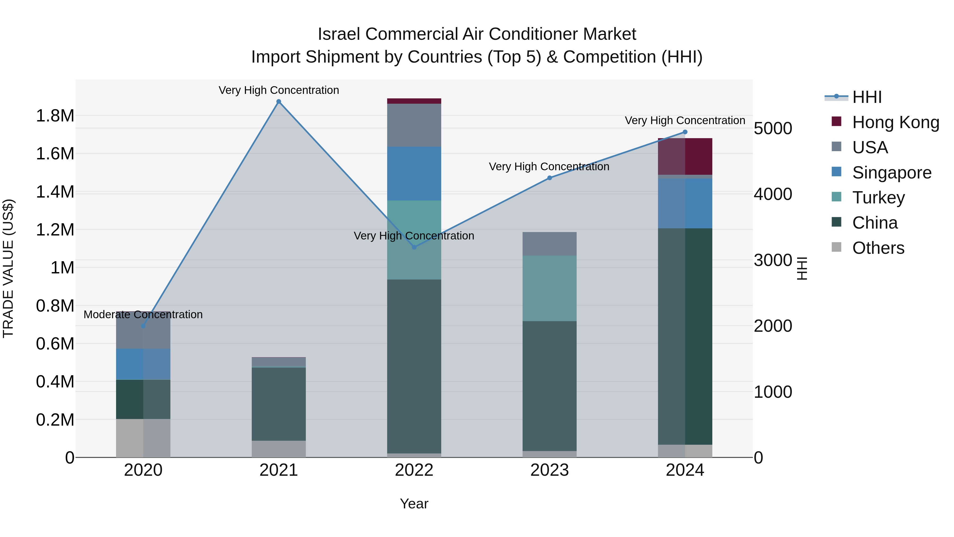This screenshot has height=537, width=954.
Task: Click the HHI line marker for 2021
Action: [x=279, y=102]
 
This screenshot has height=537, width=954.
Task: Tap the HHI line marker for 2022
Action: [x=414, y=247]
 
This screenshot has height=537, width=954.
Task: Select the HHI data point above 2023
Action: [x=550, y=178]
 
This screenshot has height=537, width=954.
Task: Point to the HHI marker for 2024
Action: [x=685, y=132]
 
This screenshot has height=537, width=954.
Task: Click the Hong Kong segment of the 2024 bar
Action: [x=685, y=156]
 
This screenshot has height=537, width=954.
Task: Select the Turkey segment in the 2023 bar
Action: [x=550, y=288]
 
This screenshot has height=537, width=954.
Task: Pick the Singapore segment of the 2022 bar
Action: [x=414, y=173]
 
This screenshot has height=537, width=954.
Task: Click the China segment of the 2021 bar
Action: [x=279, y=404]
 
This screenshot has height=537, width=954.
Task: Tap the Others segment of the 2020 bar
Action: [x=143, y=438]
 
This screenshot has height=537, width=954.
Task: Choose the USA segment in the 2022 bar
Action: [x=414, y=125]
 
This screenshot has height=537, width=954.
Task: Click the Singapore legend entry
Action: [x=891, y=173]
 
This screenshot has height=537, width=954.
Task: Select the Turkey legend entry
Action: [x=878, y=198]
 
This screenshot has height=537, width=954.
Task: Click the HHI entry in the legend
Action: [x=867, y=97]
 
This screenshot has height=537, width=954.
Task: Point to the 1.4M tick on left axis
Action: [x=55, y=192]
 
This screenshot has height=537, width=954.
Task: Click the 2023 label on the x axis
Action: [x=550, y=470]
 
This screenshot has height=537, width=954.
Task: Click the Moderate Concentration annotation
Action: [x=143, y=315]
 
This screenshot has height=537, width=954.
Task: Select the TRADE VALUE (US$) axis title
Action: [x=8, y=268]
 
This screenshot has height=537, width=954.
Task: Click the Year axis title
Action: [x=414, y=504]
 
